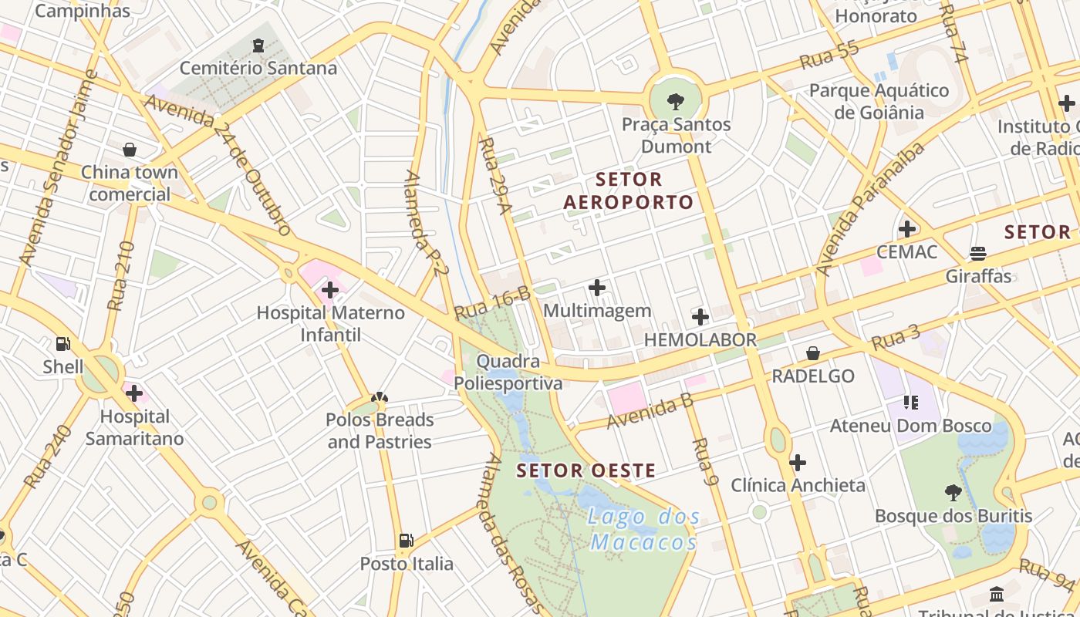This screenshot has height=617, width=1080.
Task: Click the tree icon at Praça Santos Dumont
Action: (x=676, y=100)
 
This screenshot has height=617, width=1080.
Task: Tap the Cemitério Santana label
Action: (x=258, y=69)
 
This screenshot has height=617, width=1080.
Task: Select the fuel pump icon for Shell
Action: (x=63, y=344)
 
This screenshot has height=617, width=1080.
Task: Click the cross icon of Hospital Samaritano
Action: (x=134, y=393)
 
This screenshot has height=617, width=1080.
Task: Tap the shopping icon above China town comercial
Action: (x=130, y=149)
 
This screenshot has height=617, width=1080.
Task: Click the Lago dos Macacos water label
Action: (x=643, y=529)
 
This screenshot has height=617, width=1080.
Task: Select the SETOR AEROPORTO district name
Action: (x=629, y=191)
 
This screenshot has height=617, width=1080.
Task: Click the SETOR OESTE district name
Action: (x=586, y=470)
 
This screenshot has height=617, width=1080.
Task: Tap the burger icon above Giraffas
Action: (x=978, y=254)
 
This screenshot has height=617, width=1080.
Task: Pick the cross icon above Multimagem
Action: (x=597, y=288)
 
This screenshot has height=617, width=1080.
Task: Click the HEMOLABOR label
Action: (x=700, y=340)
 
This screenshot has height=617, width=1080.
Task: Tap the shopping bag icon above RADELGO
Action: (x=813, y=353)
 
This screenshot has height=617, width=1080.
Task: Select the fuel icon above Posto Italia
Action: (x=407, y=541)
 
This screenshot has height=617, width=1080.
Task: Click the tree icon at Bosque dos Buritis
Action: (x=953, y=493)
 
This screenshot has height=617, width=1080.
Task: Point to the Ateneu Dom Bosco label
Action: (x=910, y=426)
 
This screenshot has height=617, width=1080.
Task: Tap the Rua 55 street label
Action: (x=829, y=56)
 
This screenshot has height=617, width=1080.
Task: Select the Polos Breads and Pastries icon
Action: (x=379, y=398)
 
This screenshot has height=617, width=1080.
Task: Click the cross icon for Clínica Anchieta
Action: (x=798, y=463)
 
